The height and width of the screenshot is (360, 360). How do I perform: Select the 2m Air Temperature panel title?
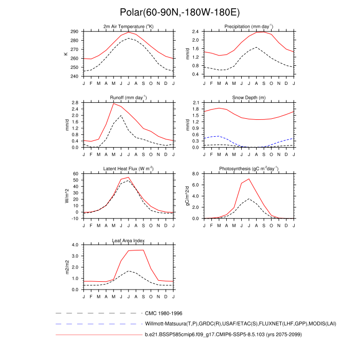click(x=128, y=26)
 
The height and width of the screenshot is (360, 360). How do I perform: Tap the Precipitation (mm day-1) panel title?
click(x=248, y=26)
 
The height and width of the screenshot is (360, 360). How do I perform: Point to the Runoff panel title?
click(x=128, y=97)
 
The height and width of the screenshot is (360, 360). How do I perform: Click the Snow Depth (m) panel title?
click(x=248, y=97)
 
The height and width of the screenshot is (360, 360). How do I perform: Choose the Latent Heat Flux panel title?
click(x=128, y=169)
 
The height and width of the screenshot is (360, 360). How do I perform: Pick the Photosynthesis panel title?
click(x=248, y=169)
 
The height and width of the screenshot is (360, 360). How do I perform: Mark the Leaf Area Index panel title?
click(x=128, y=240)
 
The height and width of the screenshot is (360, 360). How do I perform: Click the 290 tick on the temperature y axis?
click(x=75, y=32)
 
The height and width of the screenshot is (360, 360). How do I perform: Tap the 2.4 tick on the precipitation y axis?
click(x=195, y=32)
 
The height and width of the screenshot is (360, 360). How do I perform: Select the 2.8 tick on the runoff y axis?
click(x=76, y=103)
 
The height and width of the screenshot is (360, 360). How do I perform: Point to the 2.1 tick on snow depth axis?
click(x=196, y=103)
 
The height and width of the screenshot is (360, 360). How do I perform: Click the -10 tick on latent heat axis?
click(x=75, y=219)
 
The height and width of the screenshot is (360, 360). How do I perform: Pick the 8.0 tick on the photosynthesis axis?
click(x=196, y=174)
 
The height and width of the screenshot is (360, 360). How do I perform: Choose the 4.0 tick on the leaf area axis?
click(x=76, y=245)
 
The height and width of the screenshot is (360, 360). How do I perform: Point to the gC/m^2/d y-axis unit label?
click(x=187, y=196)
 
